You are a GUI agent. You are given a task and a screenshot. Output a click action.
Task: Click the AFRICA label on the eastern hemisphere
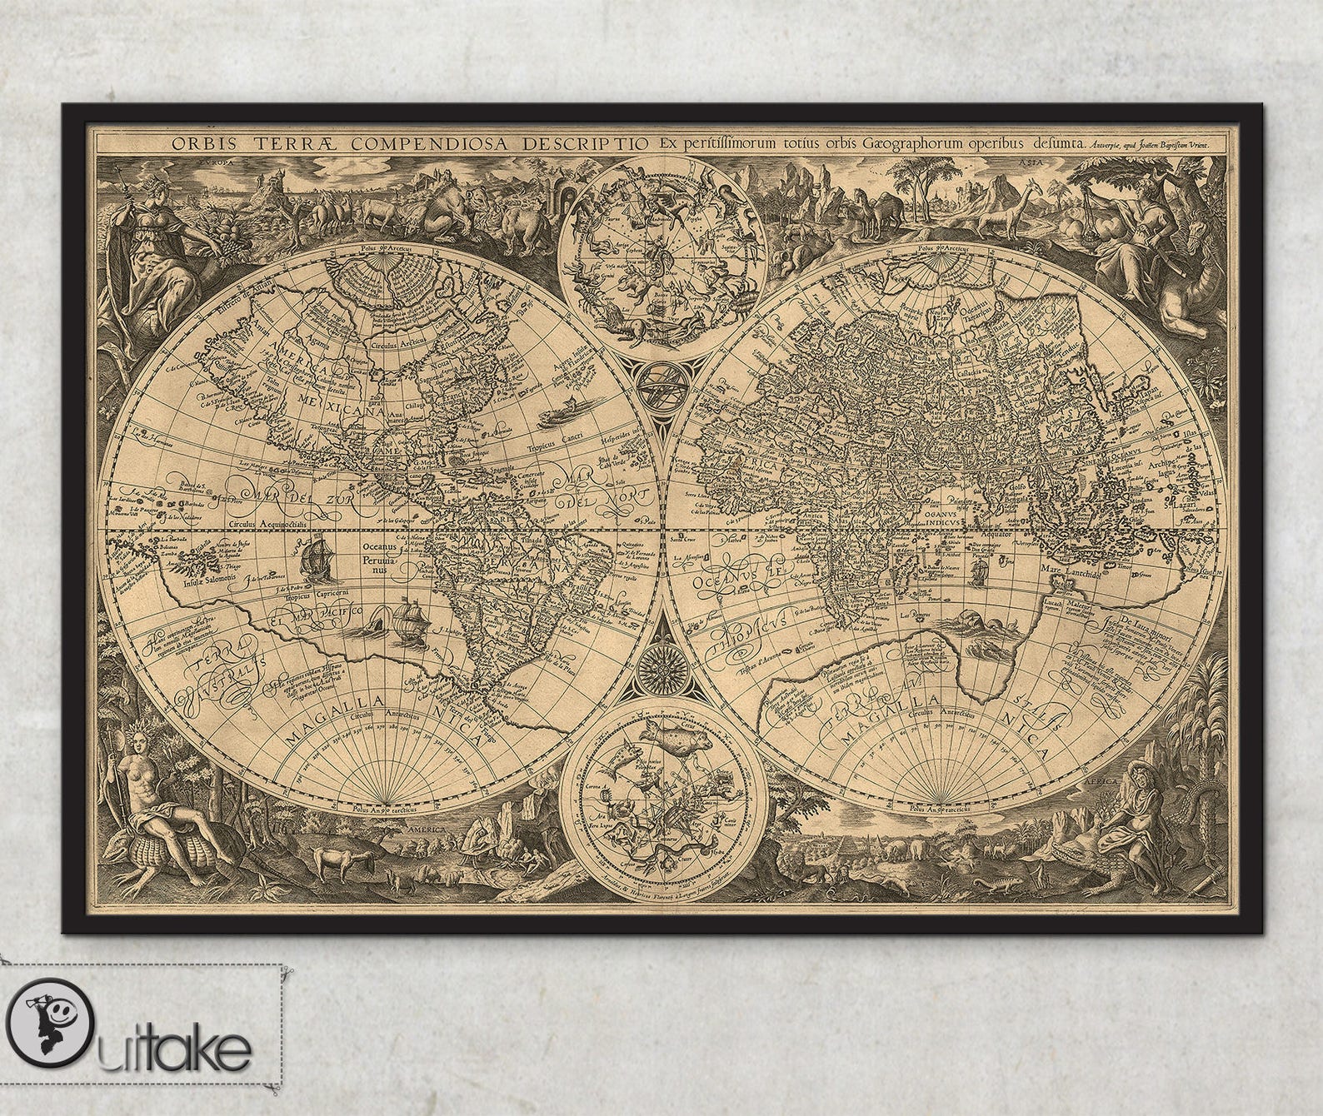[753, 467]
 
